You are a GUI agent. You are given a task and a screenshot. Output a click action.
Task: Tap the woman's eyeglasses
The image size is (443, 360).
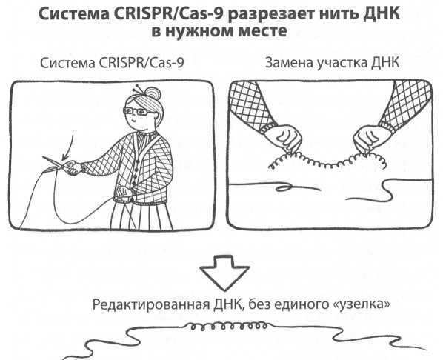pyautogui.click(x=138, y=113)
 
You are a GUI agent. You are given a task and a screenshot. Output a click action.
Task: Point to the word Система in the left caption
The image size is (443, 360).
pyautogui.click(x=68, y=63)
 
